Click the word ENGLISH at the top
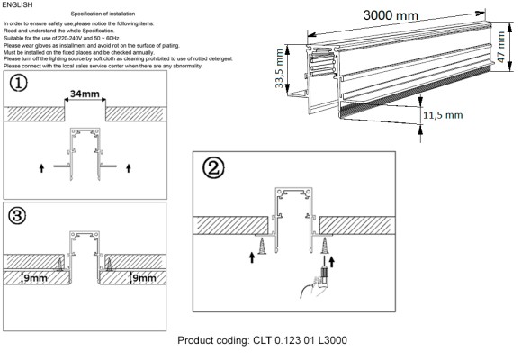[x=18, y=5]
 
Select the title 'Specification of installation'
[x=121, y=14]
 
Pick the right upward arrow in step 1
[x=130, y=167]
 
